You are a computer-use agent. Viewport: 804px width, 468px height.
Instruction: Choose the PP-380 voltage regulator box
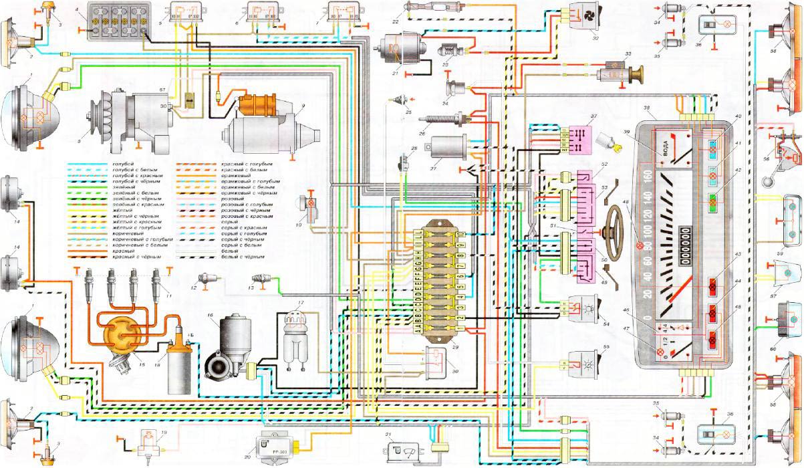[277, 447]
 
